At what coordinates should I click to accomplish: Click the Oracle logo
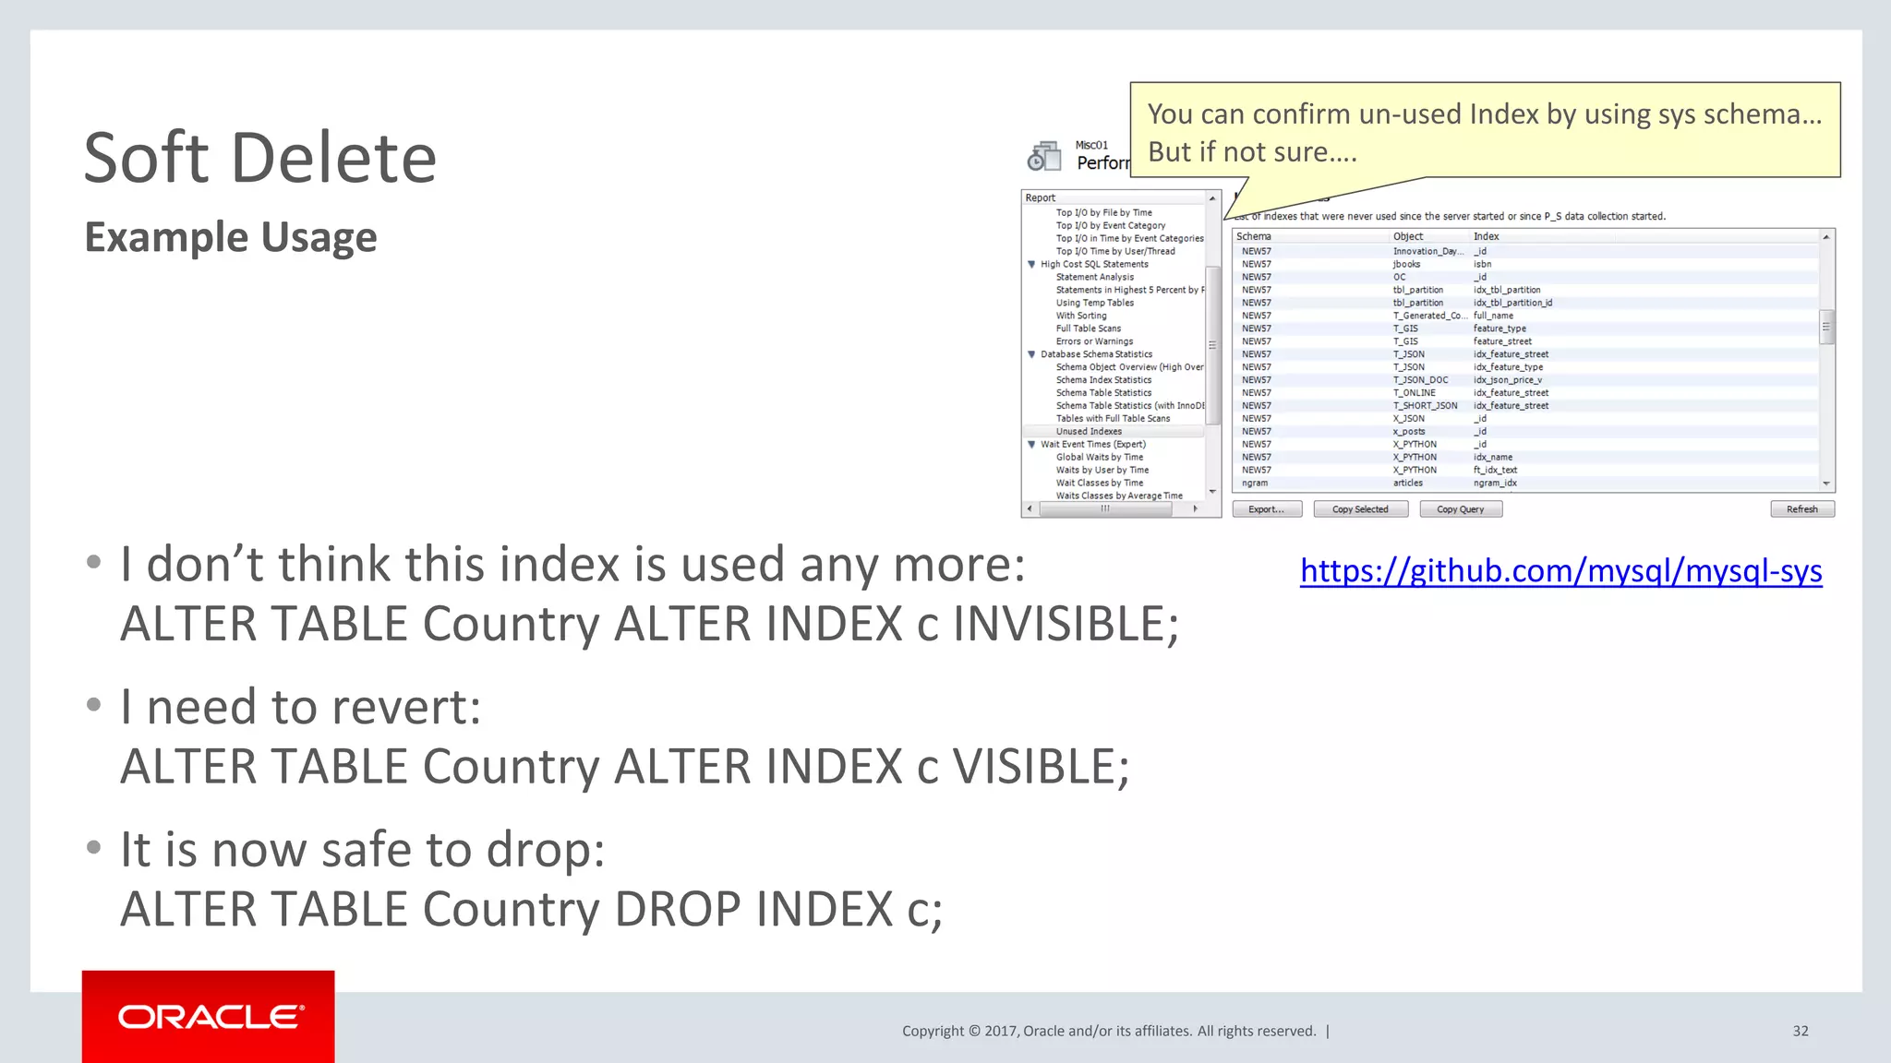[209, 1017]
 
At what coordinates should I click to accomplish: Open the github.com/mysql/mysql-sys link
[1560, 571]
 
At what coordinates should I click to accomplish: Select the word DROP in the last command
[677, 910]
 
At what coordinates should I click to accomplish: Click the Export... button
[1266, 509]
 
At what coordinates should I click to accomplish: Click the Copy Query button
[1460, 509]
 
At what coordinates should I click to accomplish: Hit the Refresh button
[1801, 509]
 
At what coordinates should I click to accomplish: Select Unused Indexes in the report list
[1089, 432]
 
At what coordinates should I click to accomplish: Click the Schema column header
[1254, 237]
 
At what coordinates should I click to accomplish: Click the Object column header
[1407, 237]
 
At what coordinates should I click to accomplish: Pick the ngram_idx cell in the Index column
[1494, 484]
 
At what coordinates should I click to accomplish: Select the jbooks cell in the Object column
[1406, 265]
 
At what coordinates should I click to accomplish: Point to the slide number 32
[1800, 1031]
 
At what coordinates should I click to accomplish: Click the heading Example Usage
[231, 237]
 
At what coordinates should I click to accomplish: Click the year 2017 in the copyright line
[1000, 1032]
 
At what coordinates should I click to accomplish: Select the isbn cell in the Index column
[1482, 265]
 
